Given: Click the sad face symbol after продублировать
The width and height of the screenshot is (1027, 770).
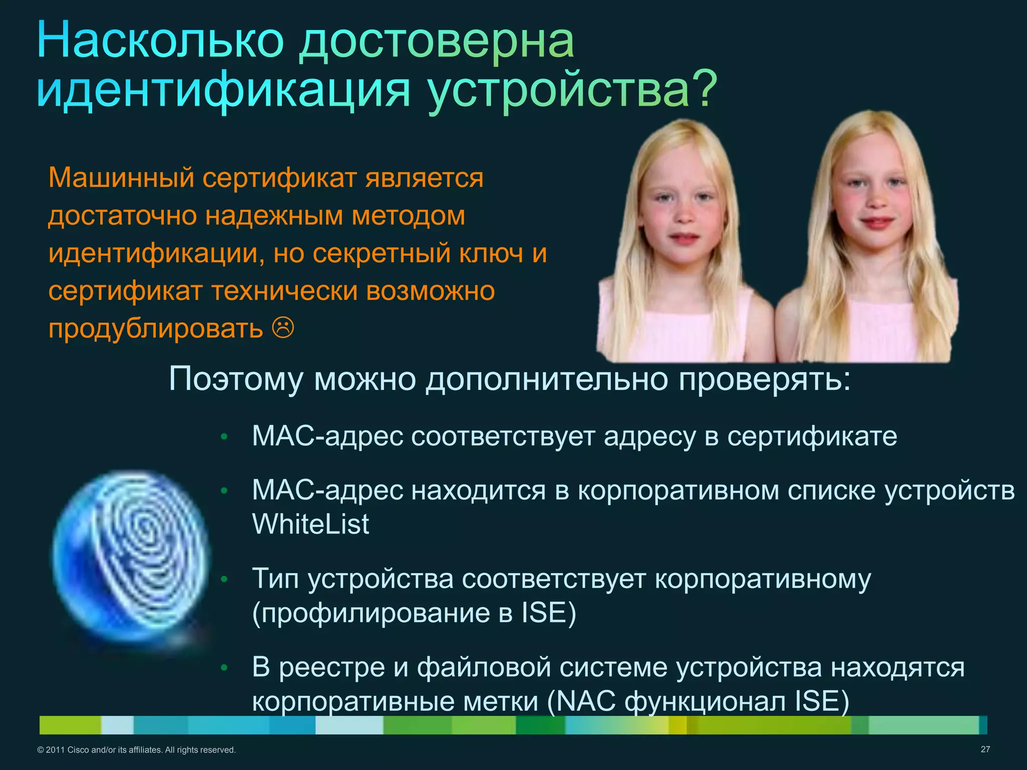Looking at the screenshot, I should pos(283,328).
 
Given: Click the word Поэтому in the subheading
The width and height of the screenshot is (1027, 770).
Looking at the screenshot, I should pos(236,378).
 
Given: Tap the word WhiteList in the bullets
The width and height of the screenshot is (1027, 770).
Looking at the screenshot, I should pos(310,524).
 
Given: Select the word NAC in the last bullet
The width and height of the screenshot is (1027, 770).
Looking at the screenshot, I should pos(586,701).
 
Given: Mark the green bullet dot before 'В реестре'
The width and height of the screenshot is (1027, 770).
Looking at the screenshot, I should pos(224,668).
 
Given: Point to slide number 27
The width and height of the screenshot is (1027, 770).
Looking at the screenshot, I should pos(985,749).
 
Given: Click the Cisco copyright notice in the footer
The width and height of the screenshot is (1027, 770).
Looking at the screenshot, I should pos(136,750).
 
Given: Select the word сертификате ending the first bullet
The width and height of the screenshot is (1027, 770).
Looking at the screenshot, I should pos(812,436).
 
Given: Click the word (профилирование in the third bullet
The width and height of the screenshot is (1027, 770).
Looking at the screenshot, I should pos(371,613).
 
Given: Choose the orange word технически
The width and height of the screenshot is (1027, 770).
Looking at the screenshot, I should pos(284,291).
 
